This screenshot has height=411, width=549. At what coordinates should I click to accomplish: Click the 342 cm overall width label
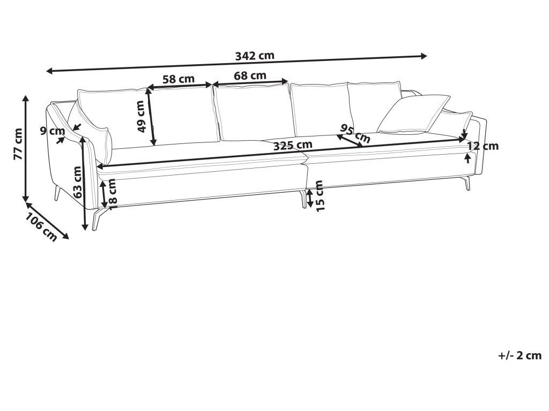[x=255, y=56]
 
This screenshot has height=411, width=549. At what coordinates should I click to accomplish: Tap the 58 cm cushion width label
[x=178, y=79]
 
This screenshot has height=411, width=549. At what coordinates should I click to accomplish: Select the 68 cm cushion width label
[x=250, y=75]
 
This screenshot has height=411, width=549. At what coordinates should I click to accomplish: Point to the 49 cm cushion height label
[x=140, y=116]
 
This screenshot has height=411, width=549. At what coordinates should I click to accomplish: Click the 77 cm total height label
[x=18, y=144]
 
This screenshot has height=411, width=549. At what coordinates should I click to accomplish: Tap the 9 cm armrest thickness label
[x=53, y=131]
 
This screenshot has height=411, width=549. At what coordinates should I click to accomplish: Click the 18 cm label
[x=112, y=194]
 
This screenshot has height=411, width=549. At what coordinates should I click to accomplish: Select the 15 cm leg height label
[x=320, y=196]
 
